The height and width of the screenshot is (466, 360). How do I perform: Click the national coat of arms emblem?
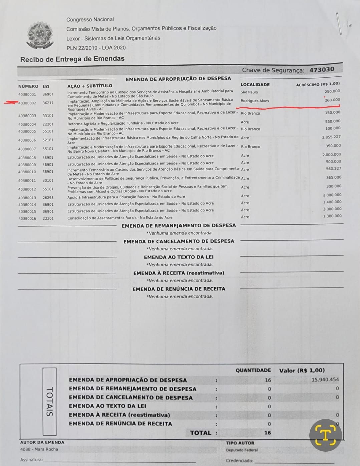[x=40, y=35]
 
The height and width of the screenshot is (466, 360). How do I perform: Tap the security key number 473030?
[x=321, y=70]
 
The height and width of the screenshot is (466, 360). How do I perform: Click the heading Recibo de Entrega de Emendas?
[x=72, y=59]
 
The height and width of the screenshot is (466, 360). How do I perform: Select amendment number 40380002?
[x=27, y=103]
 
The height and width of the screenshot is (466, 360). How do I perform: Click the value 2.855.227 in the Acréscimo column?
[x=331, y=137]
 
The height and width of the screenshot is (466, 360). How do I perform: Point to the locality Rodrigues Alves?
[x=255, y=101]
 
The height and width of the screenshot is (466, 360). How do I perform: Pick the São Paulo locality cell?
[x=249, y=92]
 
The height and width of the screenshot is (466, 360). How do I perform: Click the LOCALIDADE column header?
[x=255, y=85]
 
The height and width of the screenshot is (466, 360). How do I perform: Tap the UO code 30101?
[x=48, y=180]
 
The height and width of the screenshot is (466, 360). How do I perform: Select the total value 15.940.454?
[x=325, y=379]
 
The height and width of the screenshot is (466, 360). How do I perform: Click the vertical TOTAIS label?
[x=49, y=401]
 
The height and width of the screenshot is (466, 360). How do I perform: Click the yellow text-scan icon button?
[x=325, y=435]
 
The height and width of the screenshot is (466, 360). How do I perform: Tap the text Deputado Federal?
[x=242, y=450]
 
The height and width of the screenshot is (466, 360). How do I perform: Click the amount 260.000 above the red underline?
[x=332, y=100]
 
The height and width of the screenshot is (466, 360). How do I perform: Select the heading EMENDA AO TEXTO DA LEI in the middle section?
[x=178, y=257]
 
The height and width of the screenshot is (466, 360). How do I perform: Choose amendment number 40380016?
[x=27, y=218]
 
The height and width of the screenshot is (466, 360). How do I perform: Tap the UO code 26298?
[x=48, y=197]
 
